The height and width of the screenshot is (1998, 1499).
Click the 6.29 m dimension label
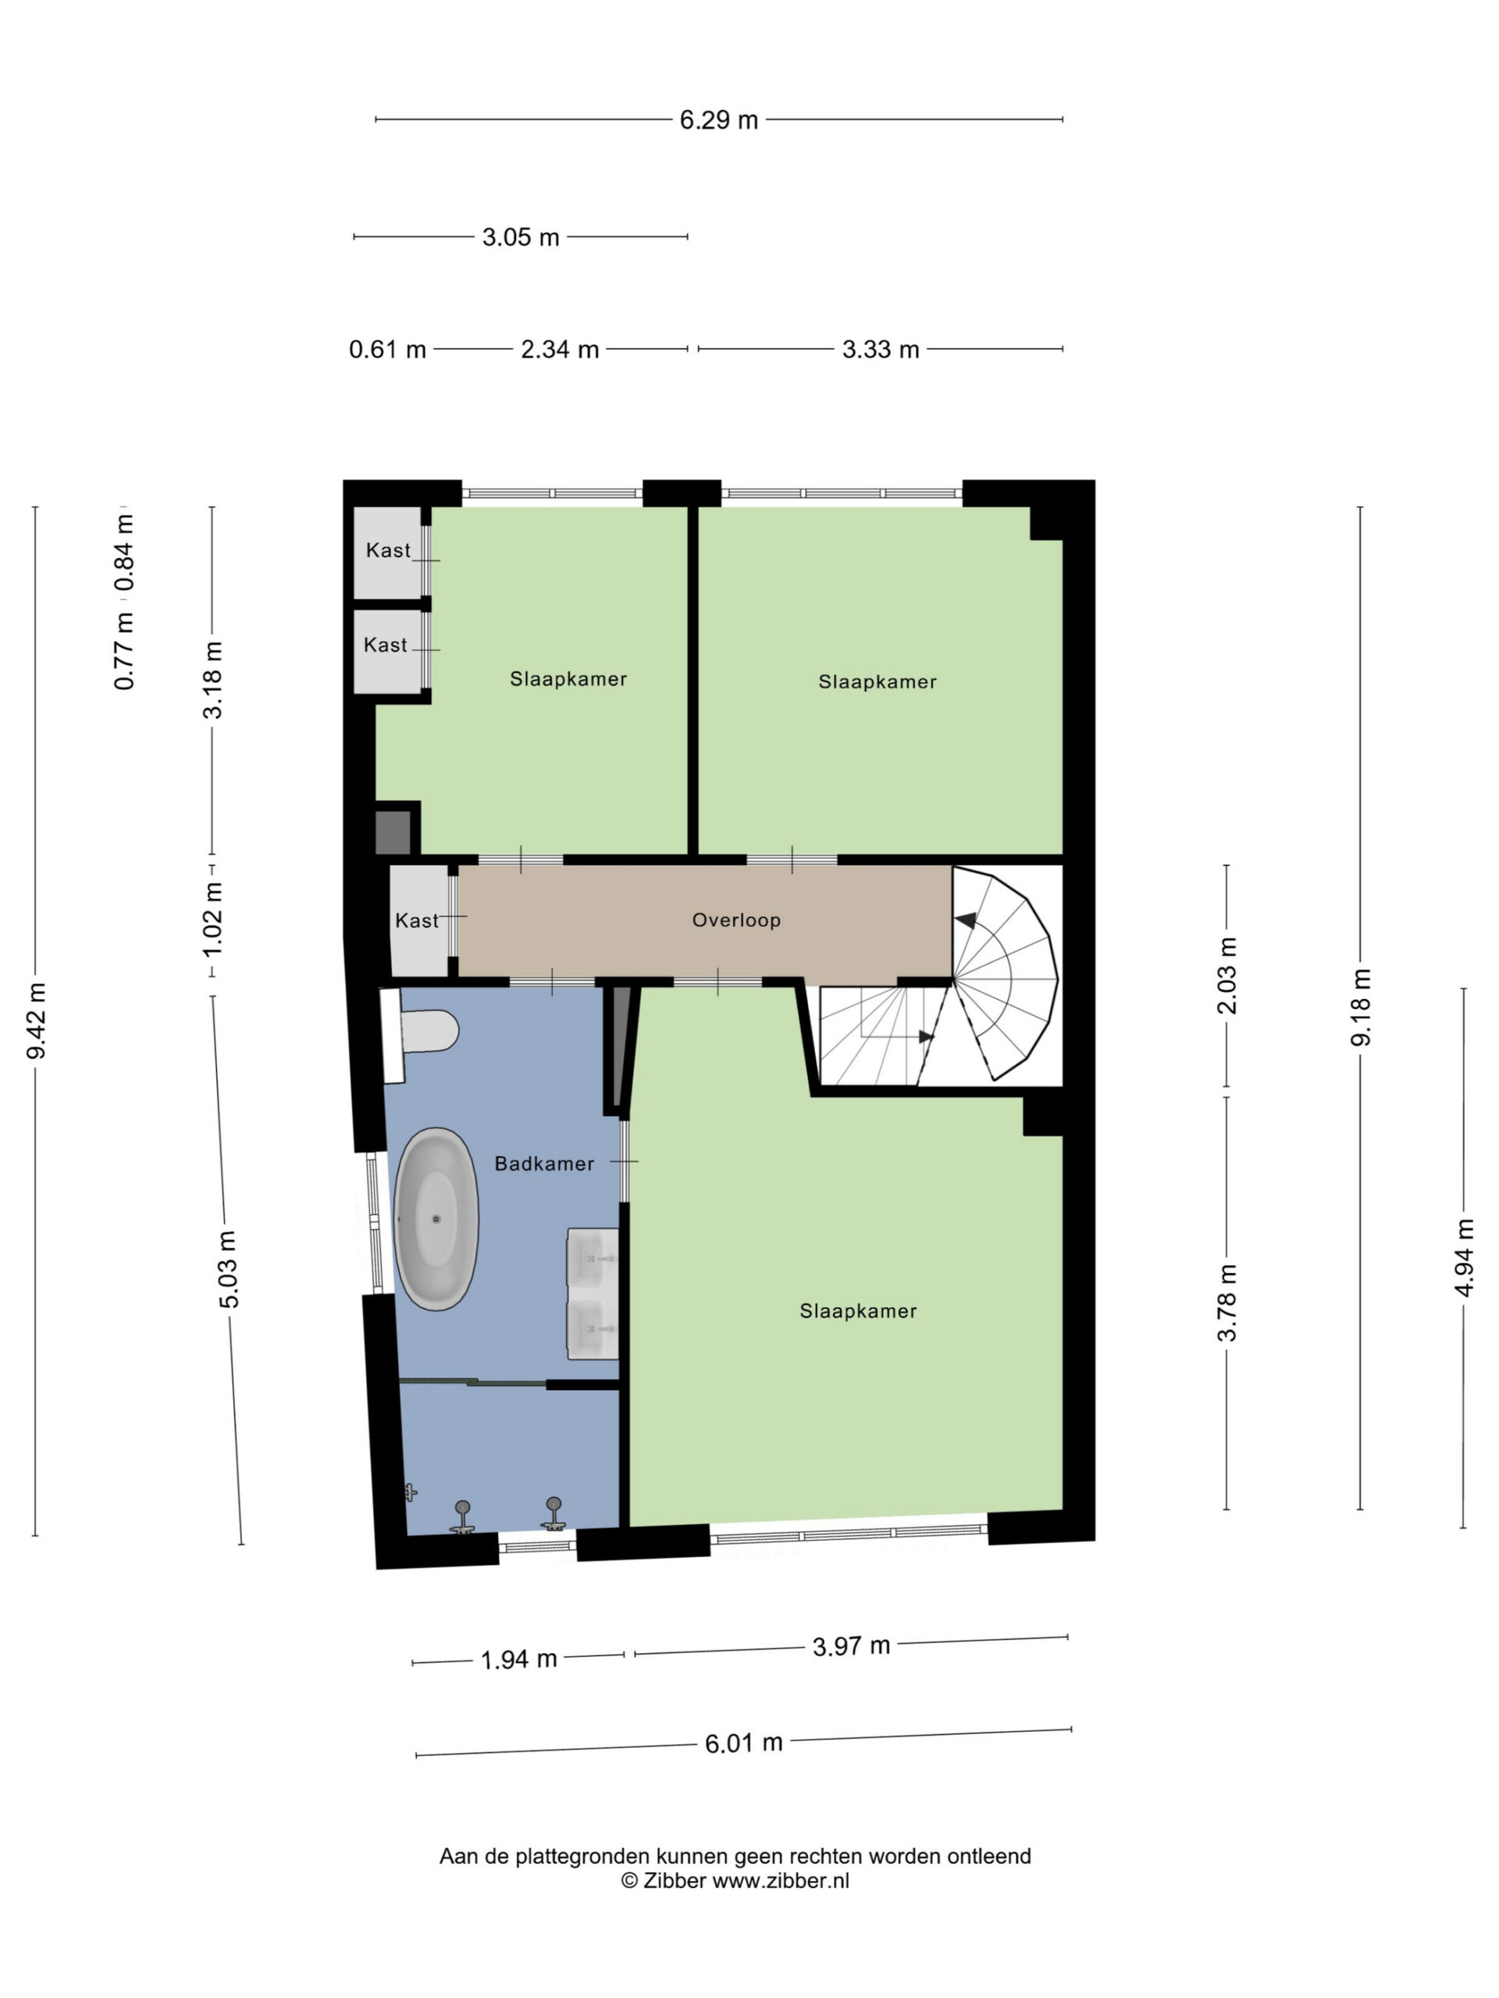[x=718, y=120]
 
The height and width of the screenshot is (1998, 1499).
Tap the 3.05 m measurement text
[x=521, y=237]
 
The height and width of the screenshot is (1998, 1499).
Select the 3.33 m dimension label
[x=880, y=350]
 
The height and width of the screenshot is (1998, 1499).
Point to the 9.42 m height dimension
[x=36, y=1020]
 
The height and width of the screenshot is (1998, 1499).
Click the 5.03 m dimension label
[x=229, y=1269]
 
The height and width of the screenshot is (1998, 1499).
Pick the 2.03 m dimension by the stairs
[x=1226, y=976]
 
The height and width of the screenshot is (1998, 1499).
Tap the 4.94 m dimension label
[x=1464, y=1257]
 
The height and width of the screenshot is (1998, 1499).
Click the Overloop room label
[x=736, y=920]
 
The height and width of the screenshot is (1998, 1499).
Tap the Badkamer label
[x=544, y=1164]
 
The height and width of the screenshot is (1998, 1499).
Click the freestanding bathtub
[x=436, y=1218]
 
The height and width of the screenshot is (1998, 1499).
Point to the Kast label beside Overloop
[x=417, y=921]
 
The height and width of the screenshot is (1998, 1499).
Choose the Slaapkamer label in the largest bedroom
[x=858, y=1311]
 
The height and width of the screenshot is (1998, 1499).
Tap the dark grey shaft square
[x=393, y=833]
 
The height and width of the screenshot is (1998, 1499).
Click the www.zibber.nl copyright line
[x=735, y=1881]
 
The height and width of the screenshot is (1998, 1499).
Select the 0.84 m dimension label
[x=125, y=553]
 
